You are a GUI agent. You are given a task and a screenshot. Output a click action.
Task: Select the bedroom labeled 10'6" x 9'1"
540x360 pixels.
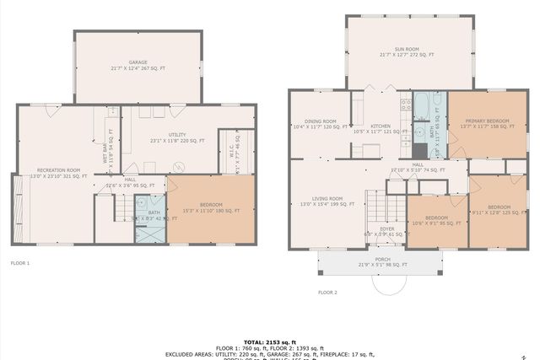click(x=436, y=219)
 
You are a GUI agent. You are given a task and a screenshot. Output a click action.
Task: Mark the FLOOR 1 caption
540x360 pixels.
click(x=19, y=263)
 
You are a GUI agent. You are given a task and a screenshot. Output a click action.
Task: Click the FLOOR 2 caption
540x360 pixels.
click(x=327, y=292)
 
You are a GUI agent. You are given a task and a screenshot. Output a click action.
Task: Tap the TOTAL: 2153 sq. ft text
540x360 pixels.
click(x=269, y=341)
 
